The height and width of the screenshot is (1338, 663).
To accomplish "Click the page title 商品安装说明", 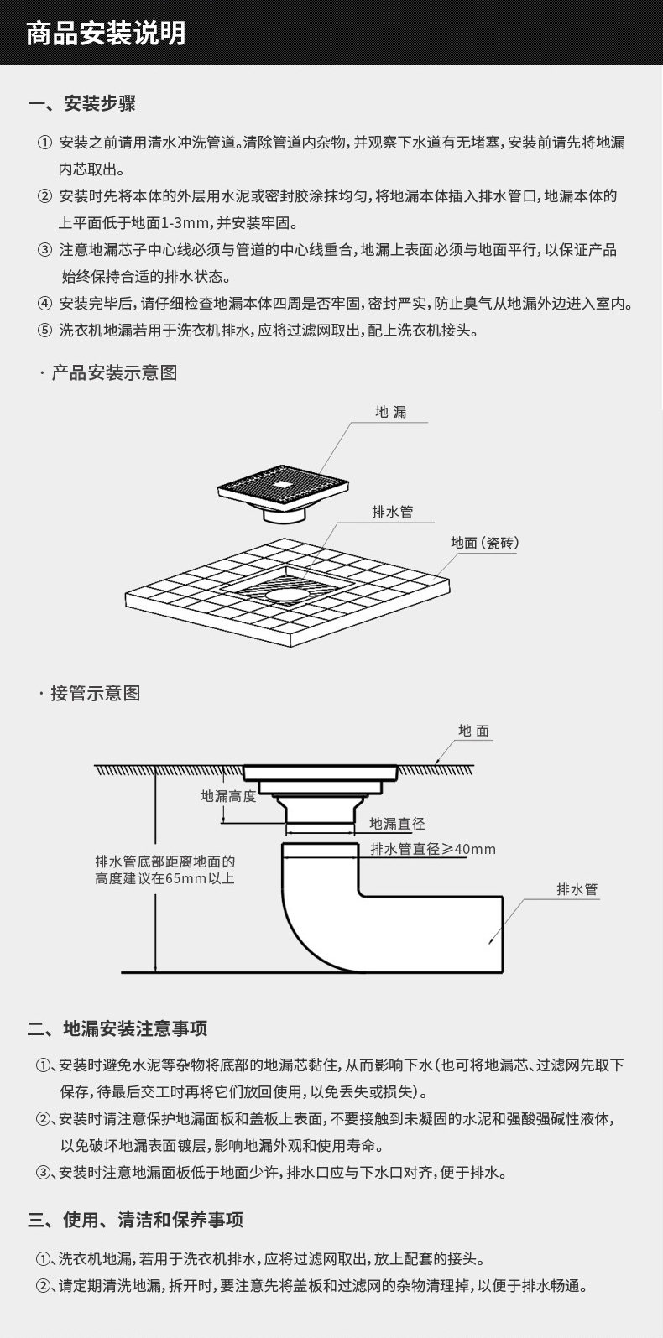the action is tap(106, 34).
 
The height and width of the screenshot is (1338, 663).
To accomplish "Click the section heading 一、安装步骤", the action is tap(82, 104).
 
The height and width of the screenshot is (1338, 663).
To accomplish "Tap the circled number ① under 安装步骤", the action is tap(44, 143).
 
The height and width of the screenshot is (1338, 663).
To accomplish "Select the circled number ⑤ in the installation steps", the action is tap(44, 331).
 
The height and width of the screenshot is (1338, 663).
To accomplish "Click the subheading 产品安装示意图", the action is tap(114, 372).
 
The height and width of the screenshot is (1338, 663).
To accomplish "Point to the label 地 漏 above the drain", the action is tap(391, 412).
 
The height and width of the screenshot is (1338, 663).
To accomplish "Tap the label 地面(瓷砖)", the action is tap(485, 543).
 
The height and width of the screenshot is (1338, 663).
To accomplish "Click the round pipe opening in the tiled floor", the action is tap(286, 594).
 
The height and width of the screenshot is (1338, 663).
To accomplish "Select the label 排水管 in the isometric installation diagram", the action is tap(393, 512).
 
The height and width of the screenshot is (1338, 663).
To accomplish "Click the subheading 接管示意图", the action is tap(96, 693).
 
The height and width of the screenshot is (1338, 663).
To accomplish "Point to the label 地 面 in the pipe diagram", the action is tap(474, 731).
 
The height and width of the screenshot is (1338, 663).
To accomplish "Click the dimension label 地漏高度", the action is tap(228, 795).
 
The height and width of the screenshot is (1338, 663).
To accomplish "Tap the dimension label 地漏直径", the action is tap(397, 824).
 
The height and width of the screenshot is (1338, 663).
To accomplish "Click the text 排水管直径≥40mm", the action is tap(433, 849).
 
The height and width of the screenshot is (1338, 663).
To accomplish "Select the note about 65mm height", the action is tap(165, 870).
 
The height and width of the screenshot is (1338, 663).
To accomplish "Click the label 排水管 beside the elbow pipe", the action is tap(577, 889).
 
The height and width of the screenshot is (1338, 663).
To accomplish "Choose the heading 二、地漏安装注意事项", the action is tap(117, 1028).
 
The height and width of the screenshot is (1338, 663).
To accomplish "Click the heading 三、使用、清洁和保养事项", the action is tap(136, 1220).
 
